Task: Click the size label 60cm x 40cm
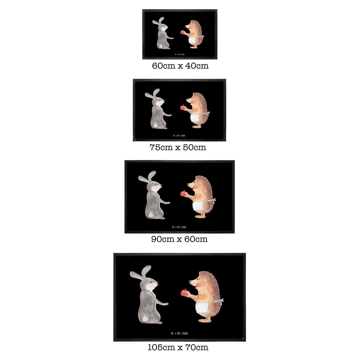[x=180, y=66]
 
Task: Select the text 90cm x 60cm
[x=179, y=239]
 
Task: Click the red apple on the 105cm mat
[x=184, y=292]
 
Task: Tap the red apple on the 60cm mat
[x=182, y=32]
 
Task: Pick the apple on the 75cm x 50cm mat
[x=182, y=108]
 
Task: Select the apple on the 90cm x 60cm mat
[x=183, y=193]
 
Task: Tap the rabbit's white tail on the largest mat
[x=144, y=319]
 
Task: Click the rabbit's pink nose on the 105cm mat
[x=157, y=282]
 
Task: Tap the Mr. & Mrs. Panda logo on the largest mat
[x=178, y=333]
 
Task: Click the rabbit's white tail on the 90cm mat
[x=150, y=214]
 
